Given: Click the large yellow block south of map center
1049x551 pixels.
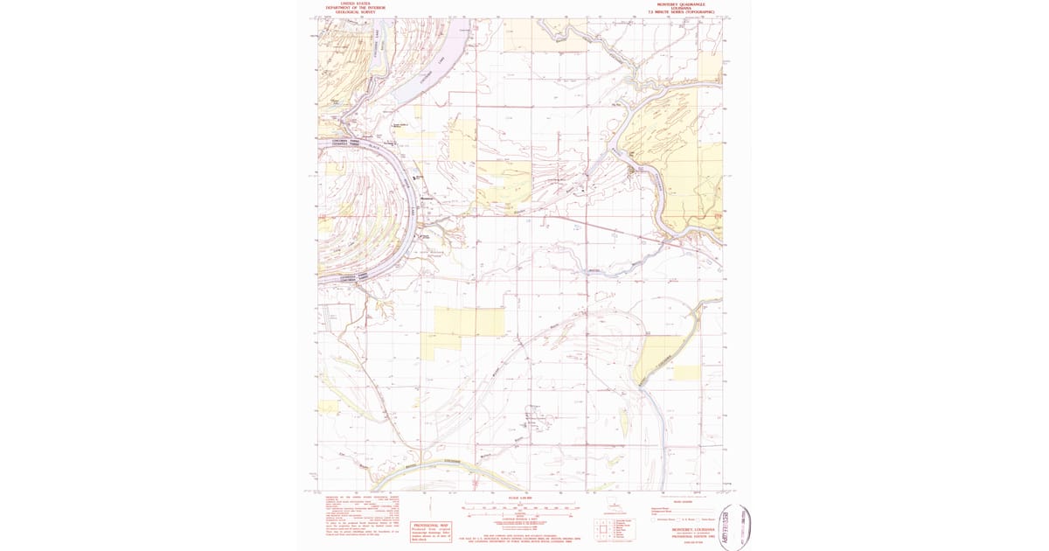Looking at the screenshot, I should (463, 322).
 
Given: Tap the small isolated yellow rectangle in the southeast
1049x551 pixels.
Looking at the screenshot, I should (686, 373).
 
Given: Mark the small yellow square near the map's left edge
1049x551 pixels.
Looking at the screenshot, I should (329, 407).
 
